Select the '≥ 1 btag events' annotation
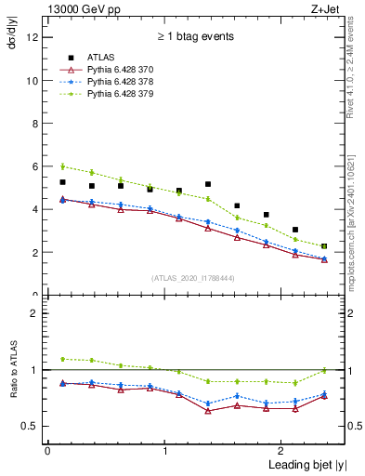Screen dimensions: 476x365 coord(195,36)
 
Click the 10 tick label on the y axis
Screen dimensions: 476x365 coord(33,80)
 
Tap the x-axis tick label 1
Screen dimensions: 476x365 coord(164,450)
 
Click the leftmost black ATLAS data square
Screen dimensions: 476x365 coord(62,182)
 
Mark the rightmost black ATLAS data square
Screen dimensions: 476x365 coord(324,246)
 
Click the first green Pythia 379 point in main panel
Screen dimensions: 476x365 coord(62,166)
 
